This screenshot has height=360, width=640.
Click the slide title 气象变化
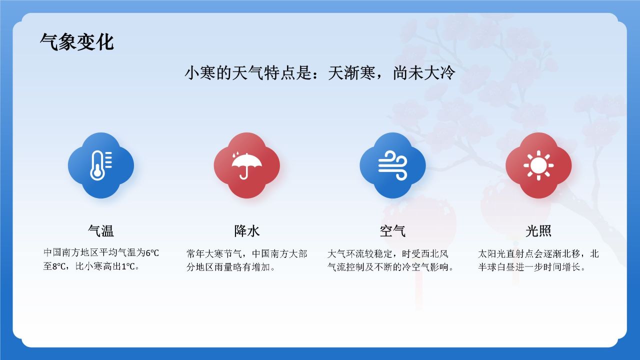(x=77, y=42)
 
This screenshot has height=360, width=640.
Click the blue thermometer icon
(x=101, y=165)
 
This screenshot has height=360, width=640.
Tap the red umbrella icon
(x=246, y=165)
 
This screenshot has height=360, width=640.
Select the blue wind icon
(x=392, y=165)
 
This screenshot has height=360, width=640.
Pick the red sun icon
(x=538, y=165)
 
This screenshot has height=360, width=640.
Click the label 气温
(x=101, y=231)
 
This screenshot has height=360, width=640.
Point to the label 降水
(x=246, y=231)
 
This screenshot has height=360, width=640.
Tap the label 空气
(x=392, y=231)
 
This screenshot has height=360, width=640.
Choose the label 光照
(x=538, y=231)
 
